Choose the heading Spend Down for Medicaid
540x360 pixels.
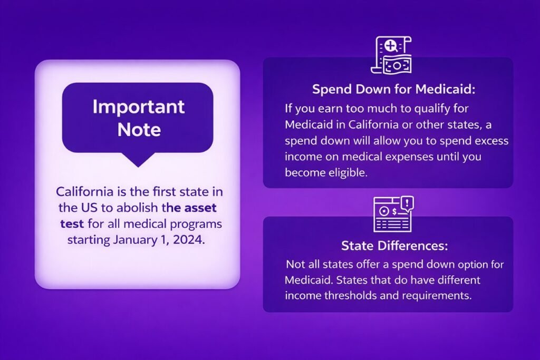393,90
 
